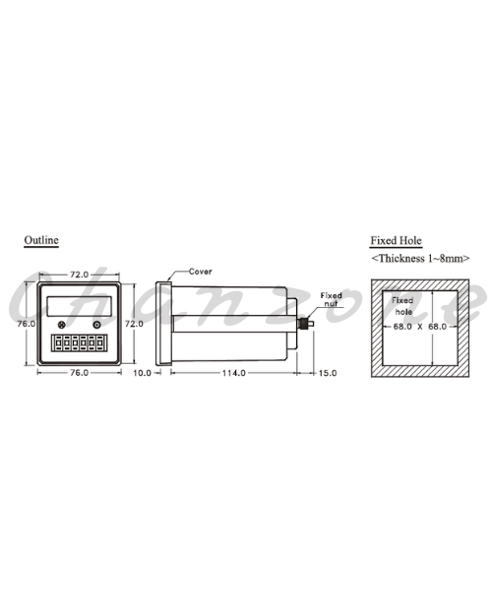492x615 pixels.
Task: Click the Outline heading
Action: pos(41,240)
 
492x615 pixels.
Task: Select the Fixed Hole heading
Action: pos(396,240)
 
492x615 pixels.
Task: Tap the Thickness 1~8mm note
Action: pos(420,258)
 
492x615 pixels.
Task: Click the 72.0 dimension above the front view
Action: pos(80,275)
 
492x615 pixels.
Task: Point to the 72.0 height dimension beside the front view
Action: pos(134,324)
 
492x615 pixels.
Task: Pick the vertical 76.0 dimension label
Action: pos(27,324)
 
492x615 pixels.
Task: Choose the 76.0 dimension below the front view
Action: pos(80,373)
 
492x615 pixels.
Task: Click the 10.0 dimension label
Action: pos(142,373)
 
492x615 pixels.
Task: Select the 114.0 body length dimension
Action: pos(234,373)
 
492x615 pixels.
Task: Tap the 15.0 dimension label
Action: pos(328,373)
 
